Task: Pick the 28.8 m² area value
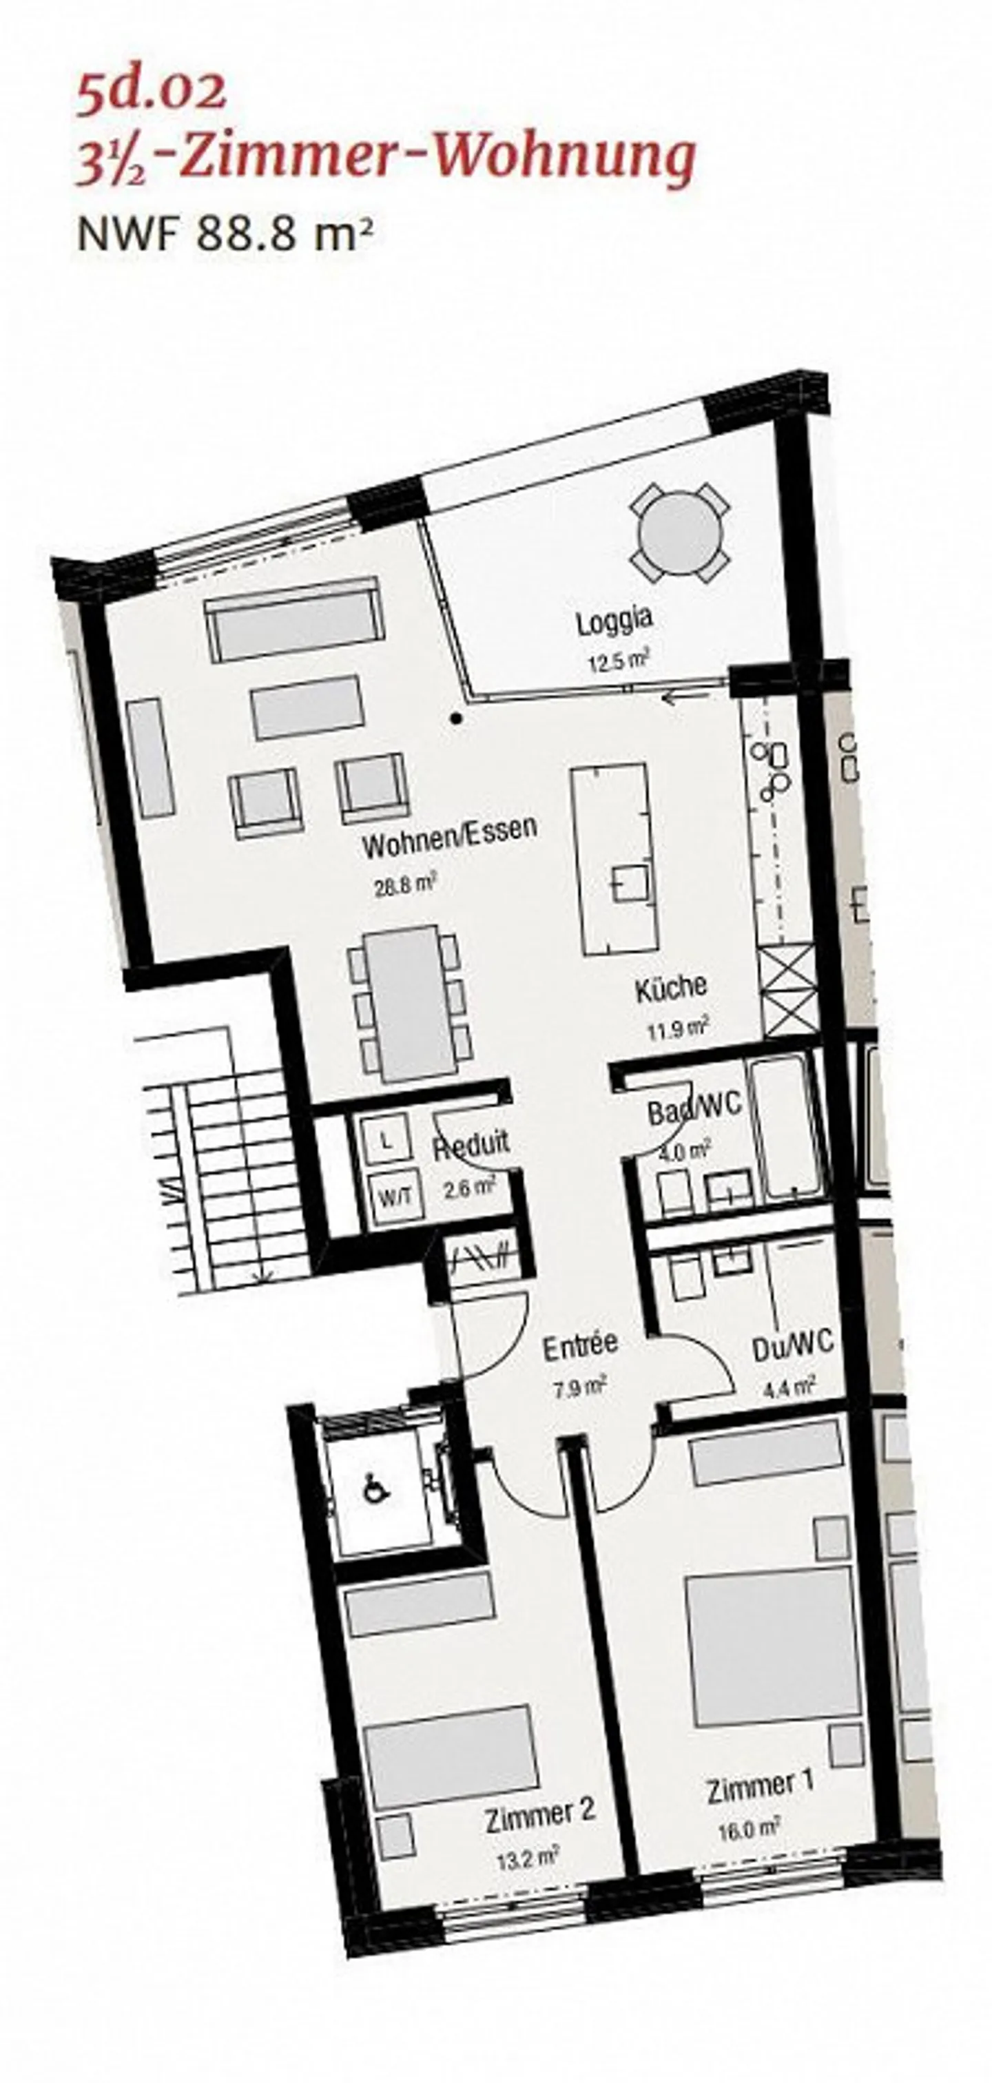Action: [404, 885]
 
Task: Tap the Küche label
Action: [670, 989]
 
